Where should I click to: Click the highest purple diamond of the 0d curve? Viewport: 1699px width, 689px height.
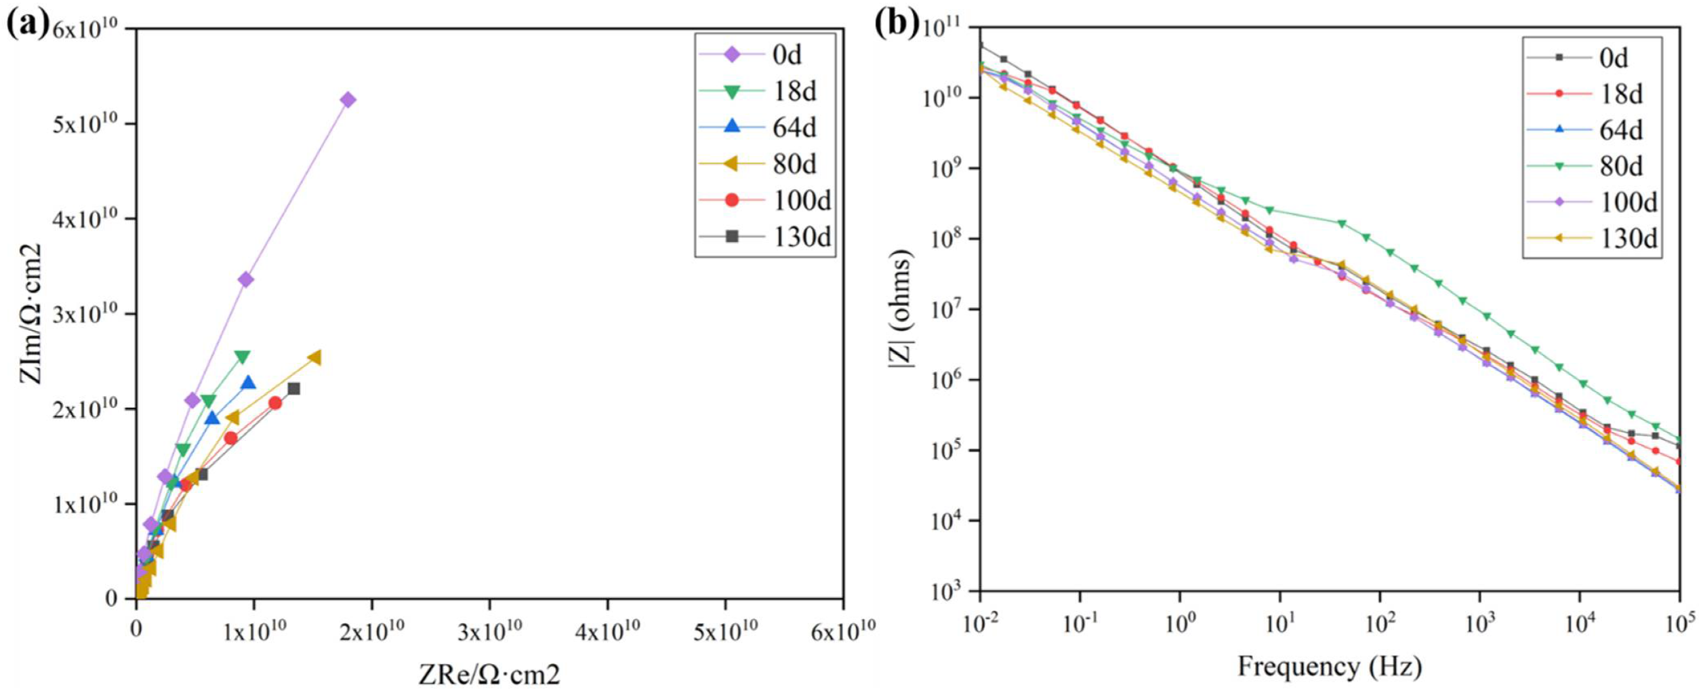point(348,100)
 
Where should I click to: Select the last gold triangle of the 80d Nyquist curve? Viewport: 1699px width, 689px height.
point(314,357)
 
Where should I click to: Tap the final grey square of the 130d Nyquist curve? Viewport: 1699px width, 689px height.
point(293,389)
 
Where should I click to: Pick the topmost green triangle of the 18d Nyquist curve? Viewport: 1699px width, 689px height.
point(242,357)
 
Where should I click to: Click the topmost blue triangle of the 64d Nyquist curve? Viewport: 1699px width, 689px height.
point(249,382)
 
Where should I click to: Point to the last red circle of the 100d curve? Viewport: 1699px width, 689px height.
point(275,403)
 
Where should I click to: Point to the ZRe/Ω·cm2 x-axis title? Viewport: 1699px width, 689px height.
point(489,674)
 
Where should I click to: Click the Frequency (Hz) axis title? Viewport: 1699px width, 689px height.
point(1329,667)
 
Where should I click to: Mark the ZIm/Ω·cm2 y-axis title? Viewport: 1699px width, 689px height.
point(31,313)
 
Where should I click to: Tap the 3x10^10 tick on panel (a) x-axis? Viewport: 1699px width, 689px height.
point(490,631)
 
